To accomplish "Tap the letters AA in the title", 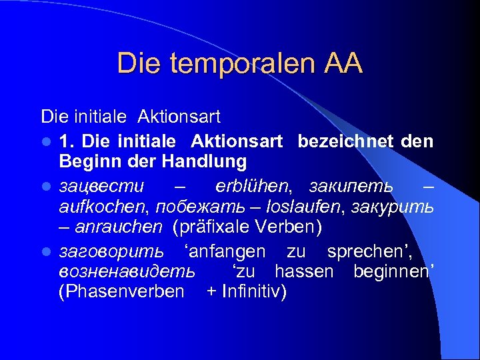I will pos(344,64).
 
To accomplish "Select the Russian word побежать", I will pos(191,206).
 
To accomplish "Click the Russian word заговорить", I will pos(111,252).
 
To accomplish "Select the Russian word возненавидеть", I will pos(127,272).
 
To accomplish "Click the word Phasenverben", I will pos(121,292).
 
